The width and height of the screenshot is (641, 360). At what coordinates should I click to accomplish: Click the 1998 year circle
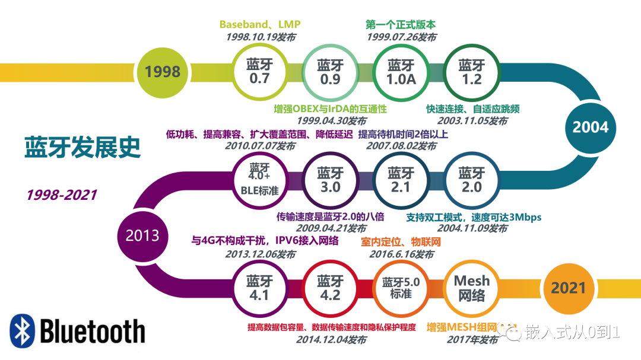click(163, 72)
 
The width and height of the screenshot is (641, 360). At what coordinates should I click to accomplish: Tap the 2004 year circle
click(590, 126)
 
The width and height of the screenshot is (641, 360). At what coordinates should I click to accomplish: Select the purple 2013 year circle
click(142, 235)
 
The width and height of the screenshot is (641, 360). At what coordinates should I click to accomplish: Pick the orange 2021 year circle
click(568, 288)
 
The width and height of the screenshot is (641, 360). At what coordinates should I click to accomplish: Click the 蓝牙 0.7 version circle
click(259, 71)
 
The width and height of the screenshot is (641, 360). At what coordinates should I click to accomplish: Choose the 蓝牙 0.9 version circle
click(330, 71)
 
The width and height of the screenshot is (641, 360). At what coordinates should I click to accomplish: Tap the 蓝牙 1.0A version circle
click(401, 71)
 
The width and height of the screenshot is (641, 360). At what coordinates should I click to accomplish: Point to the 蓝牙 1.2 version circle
click(472, 71)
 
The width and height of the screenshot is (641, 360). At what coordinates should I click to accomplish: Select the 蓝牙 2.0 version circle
click(472, 180)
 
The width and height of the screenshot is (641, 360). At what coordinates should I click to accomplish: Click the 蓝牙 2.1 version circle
click(401, 180)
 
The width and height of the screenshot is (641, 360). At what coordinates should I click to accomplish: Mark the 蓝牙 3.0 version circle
click(330, 180)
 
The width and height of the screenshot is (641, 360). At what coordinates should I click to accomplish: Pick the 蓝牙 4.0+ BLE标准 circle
click(259, 180)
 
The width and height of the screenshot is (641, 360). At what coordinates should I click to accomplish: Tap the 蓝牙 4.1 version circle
click(259, 288)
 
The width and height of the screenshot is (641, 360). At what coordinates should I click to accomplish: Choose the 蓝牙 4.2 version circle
click(330, 288)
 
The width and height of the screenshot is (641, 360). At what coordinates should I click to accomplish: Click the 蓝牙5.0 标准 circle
click(401, 288)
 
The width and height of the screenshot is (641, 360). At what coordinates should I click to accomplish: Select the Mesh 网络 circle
click(472, 288)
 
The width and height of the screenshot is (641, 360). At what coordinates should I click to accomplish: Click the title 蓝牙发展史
click(82, 147)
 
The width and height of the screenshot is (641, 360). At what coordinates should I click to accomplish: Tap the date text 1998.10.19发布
click(260, 37)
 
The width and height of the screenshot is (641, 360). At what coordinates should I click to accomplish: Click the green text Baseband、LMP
click(260, 24)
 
